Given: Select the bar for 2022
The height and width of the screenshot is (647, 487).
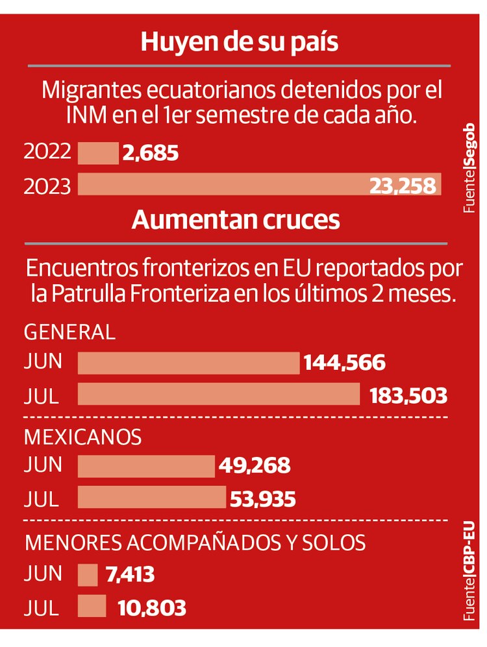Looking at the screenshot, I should (x=98, y=153).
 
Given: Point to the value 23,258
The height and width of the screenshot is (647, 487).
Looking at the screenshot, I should (x=403, y=186).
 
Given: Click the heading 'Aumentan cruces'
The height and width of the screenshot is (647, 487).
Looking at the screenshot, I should (x=236, y=220).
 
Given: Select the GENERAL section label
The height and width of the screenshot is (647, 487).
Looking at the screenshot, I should (x=69, y=332).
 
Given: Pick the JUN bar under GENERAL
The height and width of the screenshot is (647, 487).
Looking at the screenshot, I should (x=188, y=363).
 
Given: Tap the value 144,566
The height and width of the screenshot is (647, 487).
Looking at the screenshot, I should (x=344, y=363).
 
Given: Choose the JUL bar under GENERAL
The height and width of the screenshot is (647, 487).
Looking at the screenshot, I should (x=219, y=394).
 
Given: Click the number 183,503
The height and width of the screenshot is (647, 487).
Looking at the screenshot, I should (x=408, y=395).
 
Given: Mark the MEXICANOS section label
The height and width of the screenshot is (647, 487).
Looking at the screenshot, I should (x=82, y=437).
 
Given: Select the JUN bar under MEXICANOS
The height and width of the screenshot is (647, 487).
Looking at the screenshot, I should (x=146, y=466).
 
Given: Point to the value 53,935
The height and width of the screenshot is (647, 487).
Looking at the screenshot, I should (x=262, y=499).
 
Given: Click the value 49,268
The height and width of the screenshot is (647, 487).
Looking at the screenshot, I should (x=255, y=467).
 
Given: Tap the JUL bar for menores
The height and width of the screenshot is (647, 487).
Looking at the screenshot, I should (x=92, y=606).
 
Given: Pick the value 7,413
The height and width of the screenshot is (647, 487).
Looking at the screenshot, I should (x=128, y=575).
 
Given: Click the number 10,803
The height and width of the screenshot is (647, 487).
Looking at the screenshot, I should (x=151, y=608).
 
